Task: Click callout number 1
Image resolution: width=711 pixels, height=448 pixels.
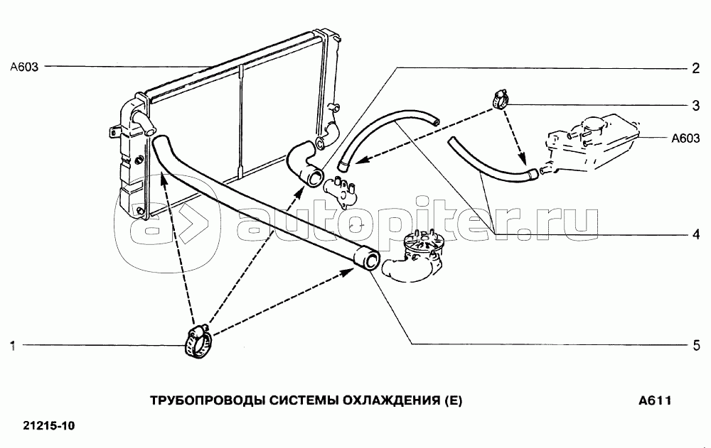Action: (x=12, y=346)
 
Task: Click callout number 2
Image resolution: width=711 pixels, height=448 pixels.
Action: (x=696, y=69)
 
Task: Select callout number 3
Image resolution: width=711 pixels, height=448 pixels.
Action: (x=696, y=106)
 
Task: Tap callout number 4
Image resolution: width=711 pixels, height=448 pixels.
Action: (x=696, y=234)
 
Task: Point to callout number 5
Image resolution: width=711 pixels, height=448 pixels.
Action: (x=696, y=346)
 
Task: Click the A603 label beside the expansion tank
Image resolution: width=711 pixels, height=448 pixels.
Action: (x=685, y=139)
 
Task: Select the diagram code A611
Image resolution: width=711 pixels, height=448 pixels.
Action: (x=654, y=400)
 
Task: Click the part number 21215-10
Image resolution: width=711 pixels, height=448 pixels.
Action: (x=49, y=426)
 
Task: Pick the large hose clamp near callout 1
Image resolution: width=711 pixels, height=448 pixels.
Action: (x=198, y=340)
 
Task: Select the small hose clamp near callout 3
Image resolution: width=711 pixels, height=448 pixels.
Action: (x=498, y=98)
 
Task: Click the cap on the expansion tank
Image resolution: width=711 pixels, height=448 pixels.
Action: (x=592, y=126)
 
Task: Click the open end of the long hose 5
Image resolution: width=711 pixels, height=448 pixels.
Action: (x=368, y=258)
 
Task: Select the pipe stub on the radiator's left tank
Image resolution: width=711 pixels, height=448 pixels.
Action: (x=145, y=125)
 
